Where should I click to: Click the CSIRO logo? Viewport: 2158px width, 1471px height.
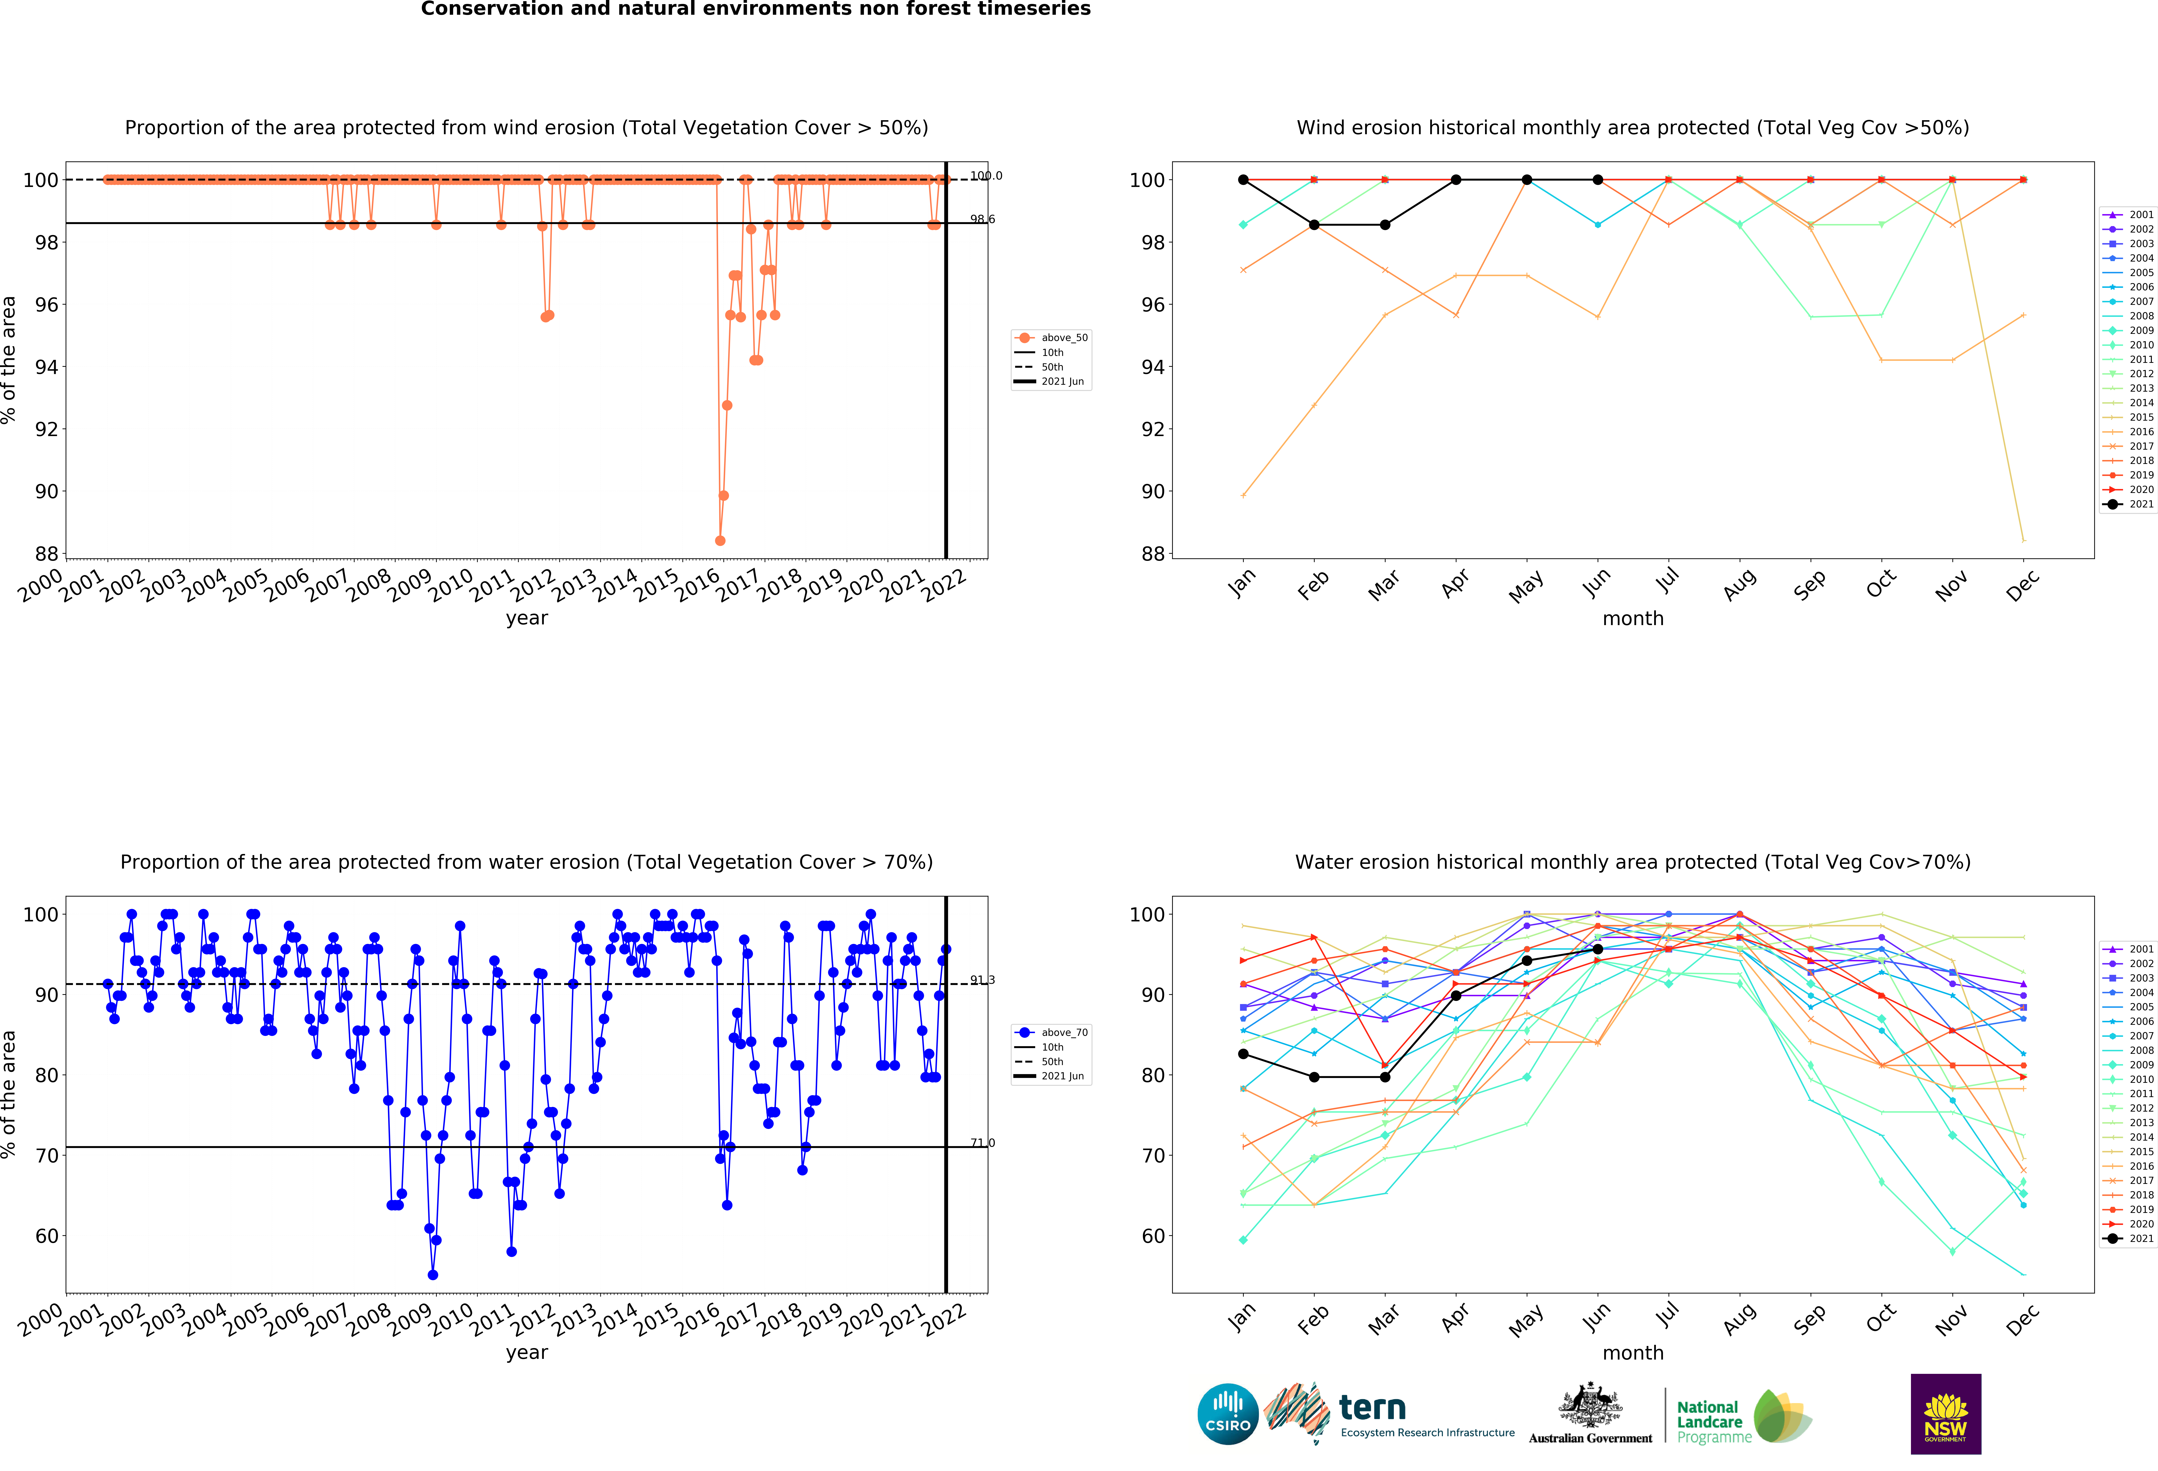(1228, 1414)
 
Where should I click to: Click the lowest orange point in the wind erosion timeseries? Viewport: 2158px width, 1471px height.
(720, 540)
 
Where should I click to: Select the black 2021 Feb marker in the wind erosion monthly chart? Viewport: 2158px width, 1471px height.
(1314, 225)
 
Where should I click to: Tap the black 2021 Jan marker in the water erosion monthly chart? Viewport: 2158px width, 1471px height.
(1243, 1054)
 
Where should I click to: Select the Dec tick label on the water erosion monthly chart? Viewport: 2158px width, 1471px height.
(2021, 1319)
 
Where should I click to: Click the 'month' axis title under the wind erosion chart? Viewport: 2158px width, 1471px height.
(1632, 618)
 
